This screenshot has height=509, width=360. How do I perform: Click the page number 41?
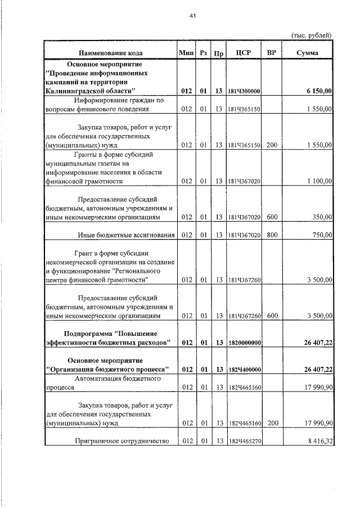(x=192, y=17)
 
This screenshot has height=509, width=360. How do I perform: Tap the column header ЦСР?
(x=244, y=53)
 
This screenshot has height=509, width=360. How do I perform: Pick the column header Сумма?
(x=307, y=53)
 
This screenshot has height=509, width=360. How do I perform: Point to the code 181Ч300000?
(x=244, y=91)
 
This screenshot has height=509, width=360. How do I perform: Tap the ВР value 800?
(x=272, y=235)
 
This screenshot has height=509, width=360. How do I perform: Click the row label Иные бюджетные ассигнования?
(x=126, y=235)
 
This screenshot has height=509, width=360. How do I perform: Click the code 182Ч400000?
(x=244, y=370)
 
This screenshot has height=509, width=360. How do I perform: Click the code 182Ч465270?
(x=244, y=442)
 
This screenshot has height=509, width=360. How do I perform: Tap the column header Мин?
(x=186, y=53)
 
